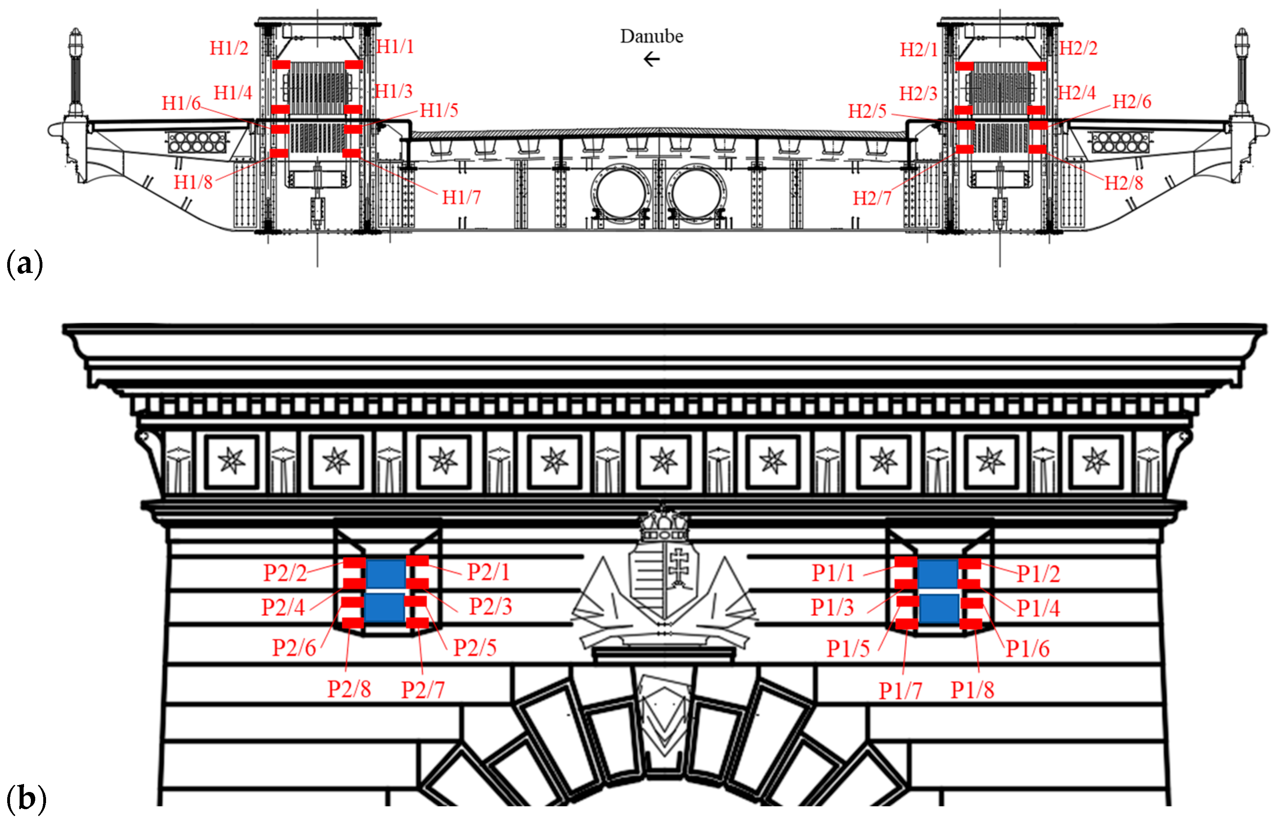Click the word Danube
[651, 36]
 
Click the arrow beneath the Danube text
[652, 59]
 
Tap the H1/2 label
[229, 48]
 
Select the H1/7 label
[461, 197]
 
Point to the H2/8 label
[1124, 183]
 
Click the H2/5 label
[867, 111]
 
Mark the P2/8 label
[349, 689]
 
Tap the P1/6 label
[1028, 649]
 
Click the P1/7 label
[901, 691]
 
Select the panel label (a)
[24, 264]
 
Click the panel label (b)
[26, 799]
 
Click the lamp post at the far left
[76, 75]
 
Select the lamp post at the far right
[1242, 75]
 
